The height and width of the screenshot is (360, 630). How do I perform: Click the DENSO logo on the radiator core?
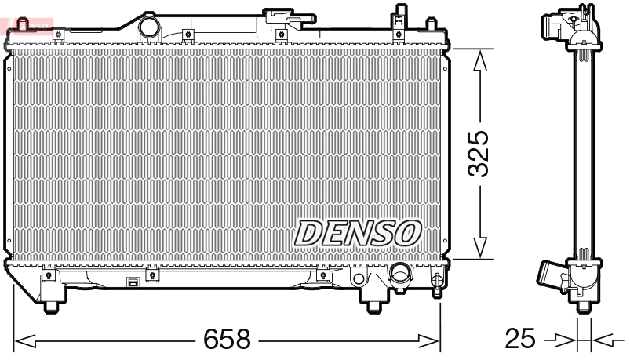point(358,232)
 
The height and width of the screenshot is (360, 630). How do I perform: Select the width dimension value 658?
point(227,340)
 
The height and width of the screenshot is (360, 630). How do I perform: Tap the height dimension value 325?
point(479,153)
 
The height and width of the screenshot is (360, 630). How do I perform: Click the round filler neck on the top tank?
point(148,27)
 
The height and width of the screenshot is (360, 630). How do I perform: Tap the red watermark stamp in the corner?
point(26,26)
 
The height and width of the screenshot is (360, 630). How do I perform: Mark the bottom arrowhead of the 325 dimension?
point(480,249)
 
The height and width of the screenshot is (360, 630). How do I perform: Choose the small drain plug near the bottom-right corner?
point(437,281)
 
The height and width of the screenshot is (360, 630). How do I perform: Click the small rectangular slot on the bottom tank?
point(133,283)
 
